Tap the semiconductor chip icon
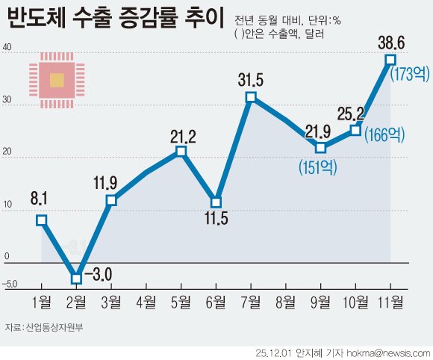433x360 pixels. pos(57,80)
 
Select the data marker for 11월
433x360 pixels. pos(390,59)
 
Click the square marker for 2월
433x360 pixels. pos(76,279)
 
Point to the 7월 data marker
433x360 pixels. pos(251,97)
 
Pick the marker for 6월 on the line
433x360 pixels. pos(216,202)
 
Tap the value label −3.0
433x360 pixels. pos(97,274)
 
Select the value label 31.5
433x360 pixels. pos(252,78)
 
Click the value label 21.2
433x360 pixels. pos(181,135)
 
